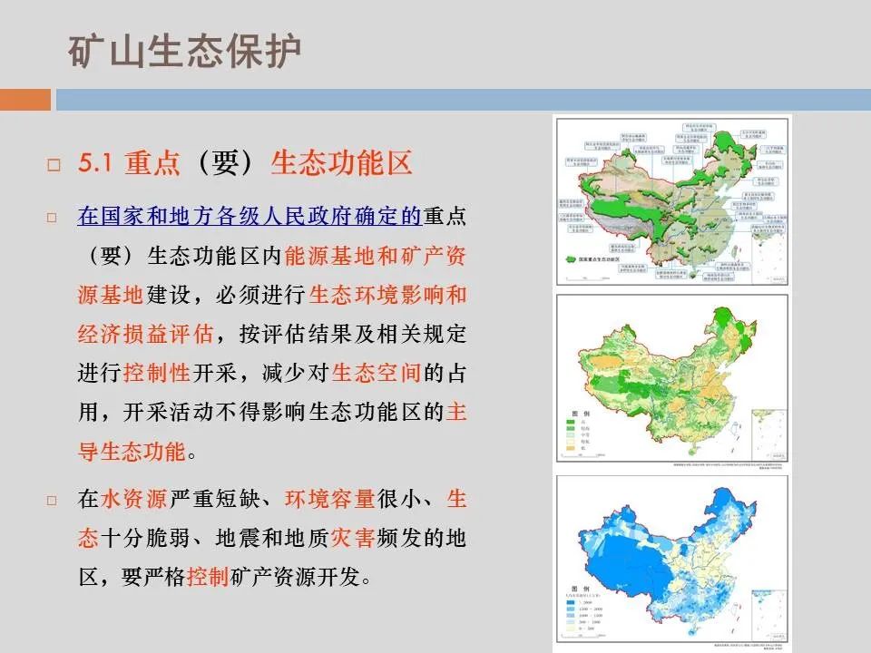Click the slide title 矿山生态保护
(x=184, y=52)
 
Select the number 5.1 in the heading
(x=94, y=163)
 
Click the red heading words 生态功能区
(x=342, y=163)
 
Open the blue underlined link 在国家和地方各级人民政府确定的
(x=250, y=217)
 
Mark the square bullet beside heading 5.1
(x=53, y=165)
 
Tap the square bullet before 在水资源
(x=53, y=500)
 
